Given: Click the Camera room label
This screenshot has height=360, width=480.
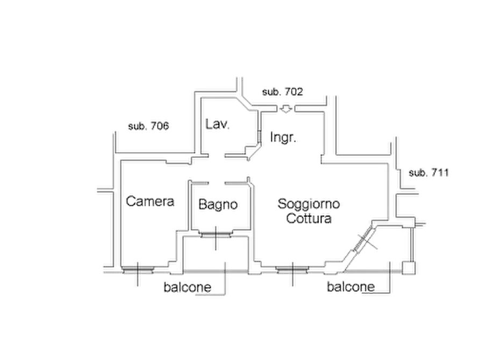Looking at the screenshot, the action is tap(150, 201).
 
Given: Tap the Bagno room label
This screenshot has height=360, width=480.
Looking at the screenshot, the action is tap(218, 205).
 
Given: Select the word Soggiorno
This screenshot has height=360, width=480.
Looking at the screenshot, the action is tap(309, 204).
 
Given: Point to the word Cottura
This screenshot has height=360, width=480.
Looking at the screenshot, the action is tap(309, 218).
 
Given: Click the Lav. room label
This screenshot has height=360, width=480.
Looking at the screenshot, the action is tap(217, 124).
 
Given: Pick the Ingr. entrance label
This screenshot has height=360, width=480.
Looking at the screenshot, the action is tap(283, 138).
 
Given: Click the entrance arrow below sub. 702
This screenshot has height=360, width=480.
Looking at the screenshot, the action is tap(286, 109).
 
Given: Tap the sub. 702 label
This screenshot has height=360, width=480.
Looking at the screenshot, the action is tap(283, 92).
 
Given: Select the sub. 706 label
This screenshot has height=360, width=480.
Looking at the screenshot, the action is tap(148, 126).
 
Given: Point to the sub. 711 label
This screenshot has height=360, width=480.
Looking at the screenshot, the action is tap(428, 173).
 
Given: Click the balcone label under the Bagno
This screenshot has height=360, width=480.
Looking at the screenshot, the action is tap(188, 287).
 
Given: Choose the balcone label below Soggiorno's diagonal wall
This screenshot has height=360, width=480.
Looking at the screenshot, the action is tap(351, 287).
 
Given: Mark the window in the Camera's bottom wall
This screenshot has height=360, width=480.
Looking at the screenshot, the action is tap(138, 270).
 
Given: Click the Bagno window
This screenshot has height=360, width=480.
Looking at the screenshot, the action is tap(216, 235).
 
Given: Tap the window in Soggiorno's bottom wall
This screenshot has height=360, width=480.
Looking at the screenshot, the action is tap(292, 270).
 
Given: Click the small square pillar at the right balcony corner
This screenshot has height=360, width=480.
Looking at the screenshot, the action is tap(409, 268).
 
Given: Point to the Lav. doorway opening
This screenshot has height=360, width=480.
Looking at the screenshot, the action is tap(217, 156).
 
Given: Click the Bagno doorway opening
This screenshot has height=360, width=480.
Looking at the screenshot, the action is tap(217, 183).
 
